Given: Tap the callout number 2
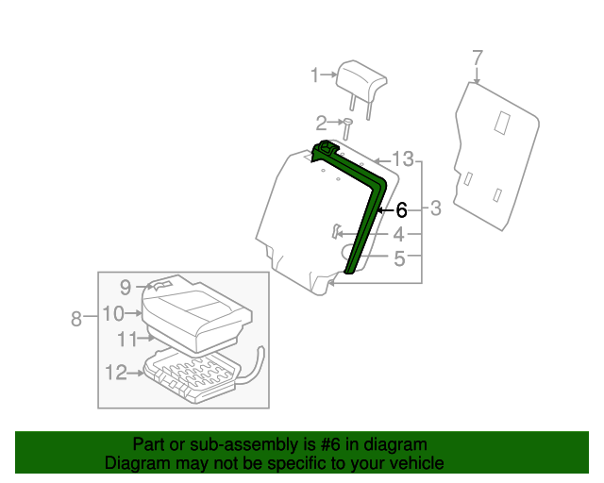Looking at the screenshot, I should (x=321, y=122).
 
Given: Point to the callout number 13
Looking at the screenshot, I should (x=403, y=158).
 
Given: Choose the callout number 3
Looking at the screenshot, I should (x=436, y=208).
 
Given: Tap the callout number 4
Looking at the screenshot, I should (x=400, y=234).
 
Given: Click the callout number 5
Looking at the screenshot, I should (x=400, y=257).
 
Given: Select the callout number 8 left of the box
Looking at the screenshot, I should (x=76, y=319).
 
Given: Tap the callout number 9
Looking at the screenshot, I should (x=125, y=287).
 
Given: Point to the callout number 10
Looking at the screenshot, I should (x=113, y=313).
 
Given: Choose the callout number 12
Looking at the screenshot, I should (x=115, y=374).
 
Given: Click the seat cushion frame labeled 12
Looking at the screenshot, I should (x=193, y=374).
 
